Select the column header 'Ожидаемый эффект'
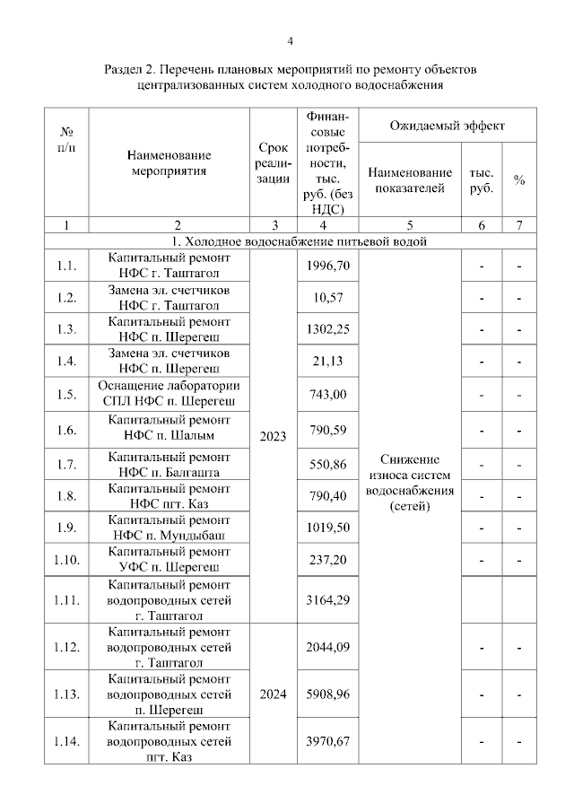(447, 126)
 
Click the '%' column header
(518, 179)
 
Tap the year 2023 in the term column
(272, 436)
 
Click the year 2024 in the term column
(272, 694)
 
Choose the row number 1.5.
(66, 394)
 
